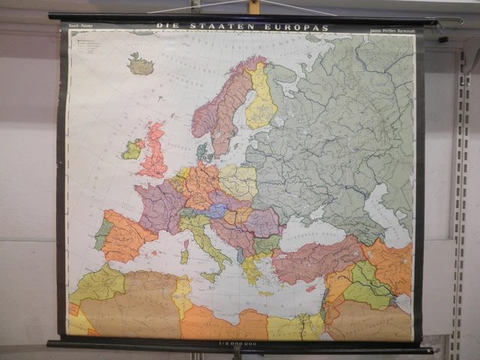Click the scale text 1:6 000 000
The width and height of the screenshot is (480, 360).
(x=238, y=343)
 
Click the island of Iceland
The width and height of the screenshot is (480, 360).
(x=140, y=65)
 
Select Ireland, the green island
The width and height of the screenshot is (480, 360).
(x=133, y=149)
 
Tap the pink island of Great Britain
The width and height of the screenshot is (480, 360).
(x=155, y=153)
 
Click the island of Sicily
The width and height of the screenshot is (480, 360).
(x=210, y=276)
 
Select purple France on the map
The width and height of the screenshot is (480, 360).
(x=160, y=205)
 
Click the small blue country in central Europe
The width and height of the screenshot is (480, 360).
(x=217, y=211)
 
